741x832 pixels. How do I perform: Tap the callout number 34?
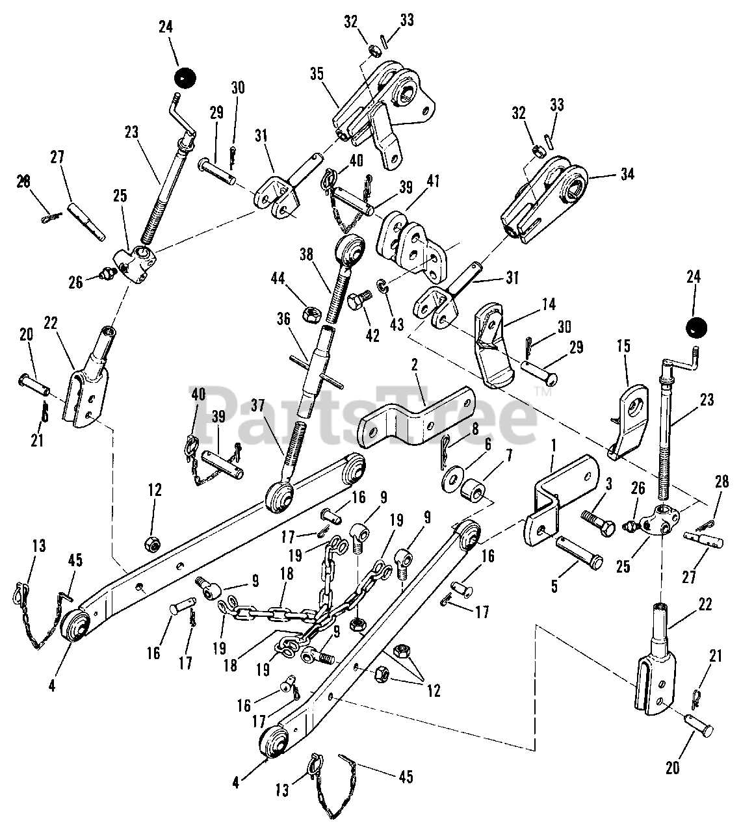(627, 174)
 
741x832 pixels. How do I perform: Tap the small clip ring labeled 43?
(383, 286)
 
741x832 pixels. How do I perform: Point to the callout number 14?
(531, 304)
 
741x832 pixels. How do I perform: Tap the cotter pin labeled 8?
(442, 450)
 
